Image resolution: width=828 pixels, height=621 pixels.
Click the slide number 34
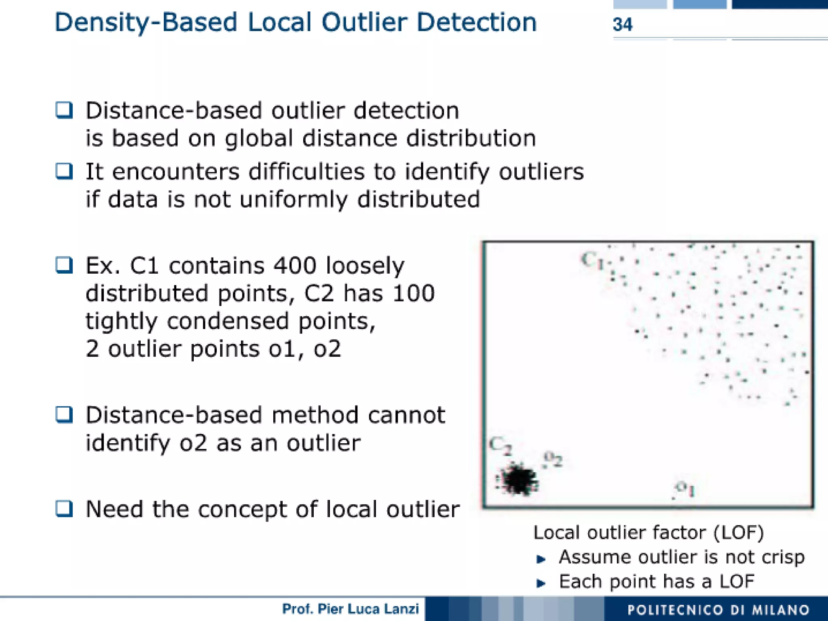click(x=623, y=25)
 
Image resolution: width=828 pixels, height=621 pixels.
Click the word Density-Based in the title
click(x=146, y=23)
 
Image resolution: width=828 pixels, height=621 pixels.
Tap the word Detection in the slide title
click(x=477, y=23)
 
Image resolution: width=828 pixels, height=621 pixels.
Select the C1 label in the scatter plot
click(x=592, y=260)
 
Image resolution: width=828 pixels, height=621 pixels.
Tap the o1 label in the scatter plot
click(x=686, y=488)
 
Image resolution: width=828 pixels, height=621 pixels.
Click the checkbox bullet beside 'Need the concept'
click(x=64, y=508)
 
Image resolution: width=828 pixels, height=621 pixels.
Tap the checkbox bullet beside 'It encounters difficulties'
click(x=64, y=171)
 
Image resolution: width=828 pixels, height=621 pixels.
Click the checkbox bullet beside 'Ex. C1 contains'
click(x=64, y=266)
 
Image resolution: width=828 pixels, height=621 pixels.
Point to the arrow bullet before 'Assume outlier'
click(x=541, y=559)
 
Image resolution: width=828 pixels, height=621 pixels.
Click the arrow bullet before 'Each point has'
click(x=541, y=583)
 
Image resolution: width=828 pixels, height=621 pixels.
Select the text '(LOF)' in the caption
click(x=739, y=533)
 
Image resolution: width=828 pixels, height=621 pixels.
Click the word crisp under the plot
click(x=783, y=557)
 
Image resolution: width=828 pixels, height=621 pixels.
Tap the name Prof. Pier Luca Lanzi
click(x=350, y=609)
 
